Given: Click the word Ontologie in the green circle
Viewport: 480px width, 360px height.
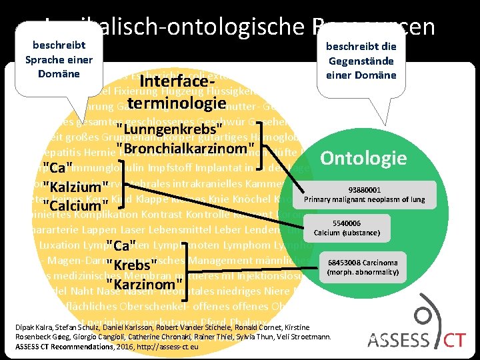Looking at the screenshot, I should pyautogui.click(x=363, y=158).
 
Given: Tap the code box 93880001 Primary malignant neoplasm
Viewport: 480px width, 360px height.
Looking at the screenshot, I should pyautogui.click(x=363, y=194).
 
